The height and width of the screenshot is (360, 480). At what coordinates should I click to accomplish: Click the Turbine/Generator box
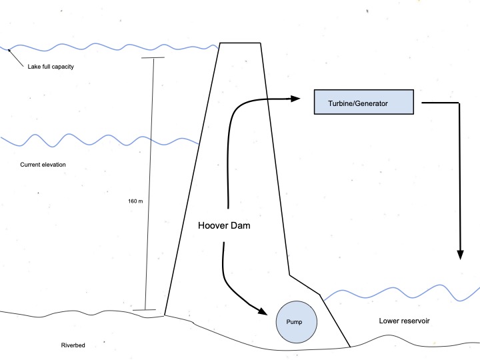[x=364, y=103]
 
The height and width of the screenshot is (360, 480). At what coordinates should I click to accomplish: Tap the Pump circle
[x=296, y=321]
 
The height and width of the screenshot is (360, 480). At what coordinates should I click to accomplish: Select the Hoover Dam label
[x=228, y=225]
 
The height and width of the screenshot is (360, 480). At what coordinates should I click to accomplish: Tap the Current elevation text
[x=43, y=164]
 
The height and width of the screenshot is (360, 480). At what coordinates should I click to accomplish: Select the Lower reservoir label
[x=404, y=321]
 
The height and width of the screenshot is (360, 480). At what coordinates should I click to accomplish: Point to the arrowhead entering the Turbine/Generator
[x=295, y=99]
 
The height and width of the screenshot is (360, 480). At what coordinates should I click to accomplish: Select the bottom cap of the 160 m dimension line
[x=144, y=310]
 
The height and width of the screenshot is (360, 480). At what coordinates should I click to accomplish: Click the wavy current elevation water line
[x=100, y=140]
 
